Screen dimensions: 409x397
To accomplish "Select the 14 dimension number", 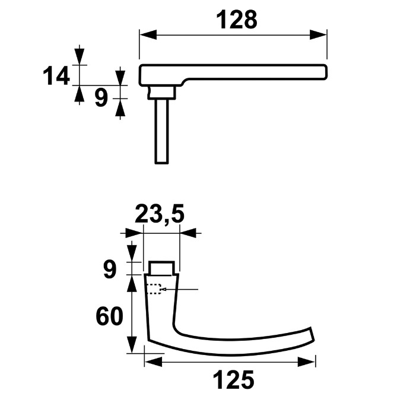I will click(x=56, y=76).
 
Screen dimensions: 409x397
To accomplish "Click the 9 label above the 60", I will click(x=109, y=270).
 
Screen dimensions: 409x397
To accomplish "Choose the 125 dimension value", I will click(x=233, y=380).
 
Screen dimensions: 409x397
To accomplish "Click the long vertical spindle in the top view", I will click(x=162, y=131).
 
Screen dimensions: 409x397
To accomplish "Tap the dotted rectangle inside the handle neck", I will click(x=154, y=290).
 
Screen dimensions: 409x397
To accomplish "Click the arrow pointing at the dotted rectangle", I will click(x=170, y=289).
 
